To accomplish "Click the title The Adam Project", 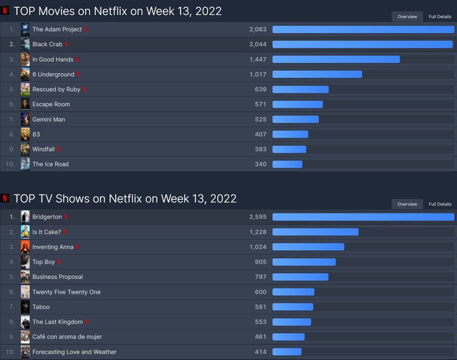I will [57, 29].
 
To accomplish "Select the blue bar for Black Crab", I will [362, 45].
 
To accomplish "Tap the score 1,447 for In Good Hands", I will [258, 59].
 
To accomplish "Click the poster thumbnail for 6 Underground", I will [25, 74].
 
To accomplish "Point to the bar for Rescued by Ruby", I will [300, 90].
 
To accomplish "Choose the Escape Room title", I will [51, 105].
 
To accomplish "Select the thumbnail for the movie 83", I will [25, 134].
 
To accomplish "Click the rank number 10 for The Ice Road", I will [11, 164].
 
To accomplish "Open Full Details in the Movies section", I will [440, 17].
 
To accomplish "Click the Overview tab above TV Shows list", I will [407, 204].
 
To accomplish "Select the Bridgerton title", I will [47, 217].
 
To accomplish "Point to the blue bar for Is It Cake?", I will [315, 232].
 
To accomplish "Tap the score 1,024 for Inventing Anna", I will [258, 247].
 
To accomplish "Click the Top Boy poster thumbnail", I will [25, 262].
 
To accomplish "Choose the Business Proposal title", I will [58, 277].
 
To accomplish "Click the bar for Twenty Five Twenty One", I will [293, 292].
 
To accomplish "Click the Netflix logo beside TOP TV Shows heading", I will [5, 198].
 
